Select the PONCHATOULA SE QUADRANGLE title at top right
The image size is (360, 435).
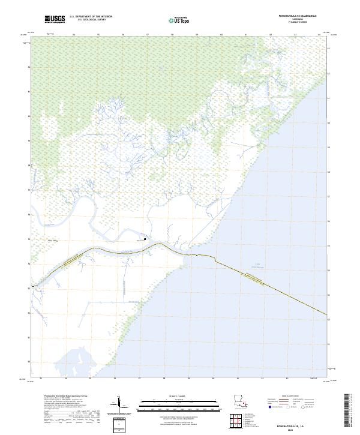[288, 17]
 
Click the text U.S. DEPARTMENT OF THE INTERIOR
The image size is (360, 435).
[91, 17]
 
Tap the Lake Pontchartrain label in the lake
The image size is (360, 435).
[258, 264]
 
